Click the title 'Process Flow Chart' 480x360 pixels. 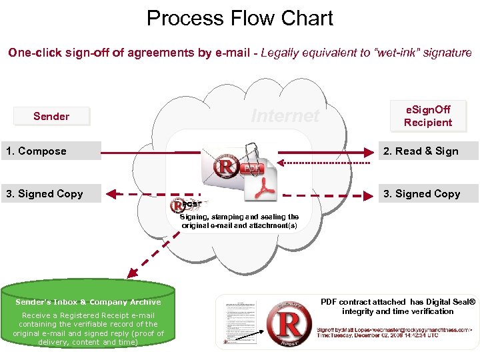click(x=239, y=18)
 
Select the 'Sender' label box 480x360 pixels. click(x=51, y=117)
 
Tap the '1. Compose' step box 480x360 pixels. click(x=51, y=151)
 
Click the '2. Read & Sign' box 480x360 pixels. click(x=428, y=151)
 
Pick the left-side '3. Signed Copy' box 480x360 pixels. click(x=51, y=194)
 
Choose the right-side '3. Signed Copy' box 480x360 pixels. click(x=428, y=194)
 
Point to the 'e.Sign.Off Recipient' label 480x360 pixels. click(x=428, y=116)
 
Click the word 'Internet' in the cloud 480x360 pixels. click(x=285, y=116)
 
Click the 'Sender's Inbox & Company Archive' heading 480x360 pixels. click(x=88, y=302)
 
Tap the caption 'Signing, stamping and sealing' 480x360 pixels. click(x=239, y=217)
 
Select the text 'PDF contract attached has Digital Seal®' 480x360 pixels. click(x=398, y=302)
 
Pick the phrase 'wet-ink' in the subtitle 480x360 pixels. click(x=399, y=53)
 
